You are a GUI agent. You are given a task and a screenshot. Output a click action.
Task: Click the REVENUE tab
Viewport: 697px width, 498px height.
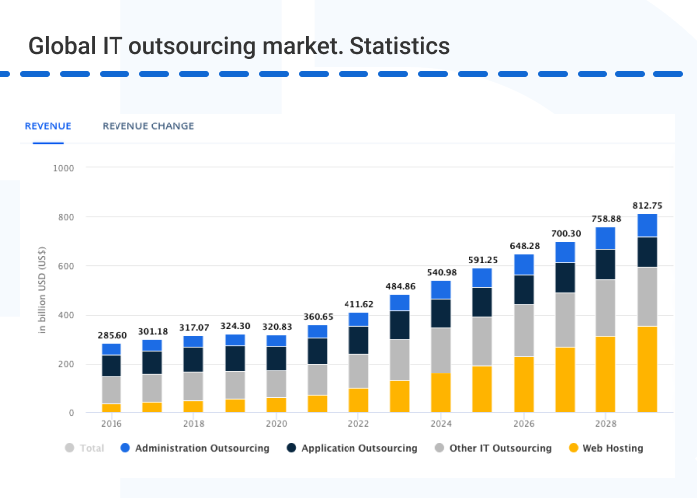[x=48, y=126]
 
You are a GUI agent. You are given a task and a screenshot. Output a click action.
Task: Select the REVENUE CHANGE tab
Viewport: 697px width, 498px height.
[x=148, y=126]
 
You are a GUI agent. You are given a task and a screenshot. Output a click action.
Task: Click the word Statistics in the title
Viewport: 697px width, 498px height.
[x=400, y=46]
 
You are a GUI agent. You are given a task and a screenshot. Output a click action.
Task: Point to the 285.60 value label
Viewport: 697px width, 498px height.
[x=112, y=335]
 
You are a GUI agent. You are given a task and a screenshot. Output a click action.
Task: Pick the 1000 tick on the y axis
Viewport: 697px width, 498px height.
[x=63, y=168]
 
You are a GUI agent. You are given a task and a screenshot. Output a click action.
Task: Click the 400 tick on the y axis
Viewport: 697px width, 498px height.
[x=66, y=315]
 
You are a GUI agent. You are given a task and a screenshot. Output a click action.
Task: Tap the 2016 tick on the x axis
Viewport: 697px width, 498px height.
[x=112, y=422]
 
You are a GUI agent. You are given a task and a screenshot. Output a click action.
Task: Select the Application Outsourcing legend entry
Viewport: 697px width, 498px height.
[x=357, y=448]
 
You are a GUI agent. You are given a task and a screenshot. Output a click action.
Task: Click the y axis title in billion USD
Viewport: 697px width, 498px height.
[x=43, y=290]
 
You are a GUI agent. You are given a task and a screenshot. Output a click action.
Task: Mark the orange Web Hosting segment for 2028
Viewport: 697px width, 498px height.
[x=605, y=373]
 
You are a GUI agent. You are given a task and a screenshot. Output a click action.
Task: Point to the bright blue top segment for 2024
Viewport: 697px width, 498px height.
[x=441, y=289]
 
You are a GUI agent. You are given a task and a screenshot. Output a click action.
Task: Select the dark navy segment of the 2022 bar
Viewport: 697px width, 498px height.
[x=358, y=340]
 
